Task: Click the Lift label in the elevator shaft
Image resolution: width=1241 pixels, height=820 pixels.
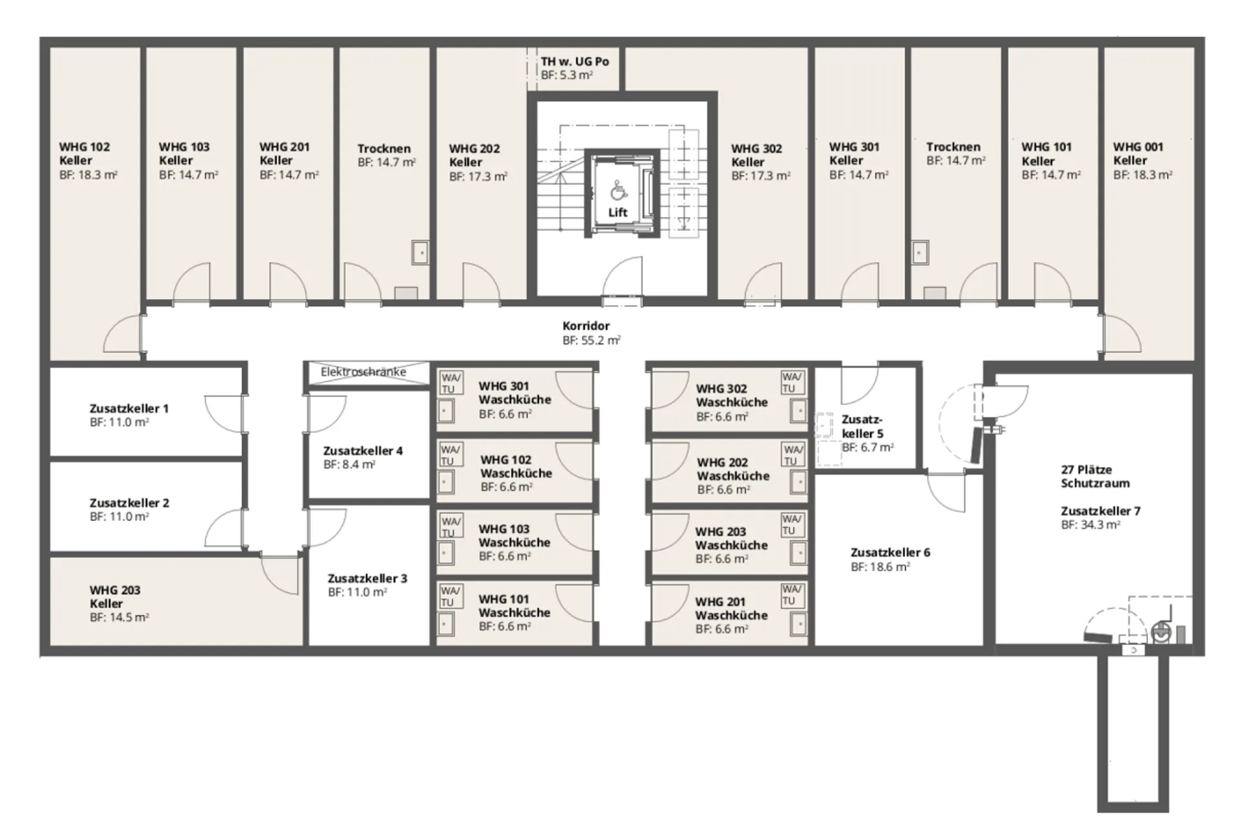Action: (x=617, y=212)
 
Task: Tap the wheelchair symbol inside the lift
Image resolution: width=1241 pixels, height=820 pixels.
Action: (x=617, y=190)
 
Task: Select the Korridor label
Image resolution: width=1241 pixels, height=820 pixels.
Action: (x=586, y=326)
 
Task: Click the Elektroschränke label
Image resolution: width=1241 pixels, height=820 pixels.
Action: (x=363, y=372)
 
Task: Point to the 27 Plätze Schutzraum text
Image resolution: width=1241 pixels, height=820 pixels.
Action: (x=1095, y=477)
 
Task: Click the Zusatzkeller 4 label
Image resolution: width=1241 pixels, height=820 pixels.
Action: (x=363, y=451)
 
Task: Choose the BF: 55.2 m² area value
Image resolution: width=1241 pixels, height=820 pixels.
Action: (x=591, y=340)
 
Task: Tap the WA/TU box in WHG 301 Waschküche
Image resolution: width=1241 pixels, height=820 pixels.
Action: (x=451, y=383)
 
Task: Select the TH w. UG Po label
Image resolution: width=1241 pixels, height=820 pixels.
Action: (x=575, y=61)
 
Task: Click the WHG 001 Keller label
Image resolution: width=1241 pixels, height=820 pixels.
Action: (x=1138, y=153)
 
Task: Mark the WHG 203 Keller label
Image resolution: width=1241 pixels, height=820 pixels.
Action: (x=114, y=596)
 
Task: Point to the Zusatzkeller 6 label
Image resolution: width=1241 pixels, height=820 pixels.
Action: (x=890, y=552)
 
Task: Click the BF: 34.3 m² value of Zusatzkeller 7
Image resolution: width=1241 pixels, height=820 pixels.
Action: (x=1090, y=524)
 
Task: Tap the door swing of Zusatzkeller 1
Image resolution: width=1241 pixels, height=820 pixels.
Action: (x=223, y=413)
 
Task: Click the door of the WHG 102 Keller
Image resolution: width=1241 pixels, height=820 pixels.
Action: (x=123, y=334)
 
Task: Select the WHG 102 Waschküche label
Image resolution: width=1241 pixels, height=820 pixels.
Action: (x=516, y=466)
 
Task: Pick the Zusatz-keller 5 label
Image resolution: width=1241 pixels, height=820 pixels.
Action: (x=862, y=426)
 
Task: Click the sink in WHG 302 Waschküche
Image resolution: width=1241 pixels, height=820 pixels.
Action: (x=799, y=410)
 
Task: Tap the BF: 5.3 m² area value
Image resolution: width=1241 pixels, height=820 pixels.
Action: (x=567, y=75)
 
